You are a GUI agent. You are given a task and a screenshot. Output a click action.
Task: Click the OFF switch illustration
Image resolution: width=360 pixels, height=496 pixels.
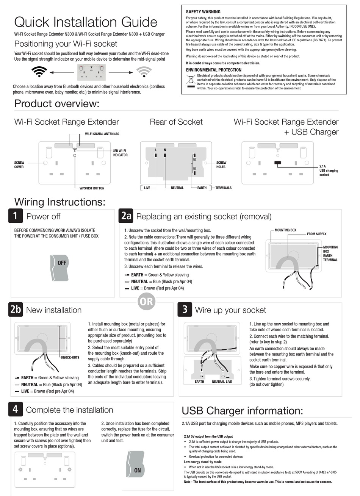pyautogui.click(x=59, y=268)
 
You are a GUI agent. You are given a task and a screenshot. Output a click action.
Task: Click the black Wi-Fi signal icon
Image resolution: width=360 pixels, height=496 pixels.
pyautogui.click(x=39, y=72)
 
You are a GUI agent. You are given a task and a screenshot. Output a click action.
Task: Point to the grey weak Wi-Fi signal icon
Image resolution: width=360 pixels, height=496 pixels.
pyautogui.click(x=144, y=72)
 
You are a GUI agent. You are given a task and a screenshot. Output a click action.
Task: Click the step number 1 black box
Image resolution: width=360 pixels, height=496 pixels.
pyautogui.click(x=16, y=216)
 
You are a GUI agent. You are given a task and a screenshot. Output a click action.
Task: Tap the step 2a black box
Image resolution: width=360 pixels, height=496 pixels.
pyautogui.click(x=126, y=216)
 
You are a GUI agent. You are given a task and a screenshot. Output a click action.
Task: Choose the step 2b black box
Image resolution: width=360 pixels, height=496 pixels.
pyautogui.click(x=16, y=310)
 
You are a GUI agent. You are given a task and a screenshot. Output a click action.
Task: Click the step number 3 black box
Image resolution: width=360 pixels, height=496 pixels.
pyautogui.click(x=185, y=310)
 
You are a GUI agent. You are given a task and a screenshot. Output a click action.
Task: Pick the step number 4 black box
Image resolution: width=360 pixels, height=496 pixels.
pyautogui.click(x=16, y=409)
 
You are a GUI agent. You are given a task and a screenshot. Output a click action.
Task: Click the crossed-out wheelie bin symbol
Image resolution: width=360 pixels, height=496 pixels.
pyautogui.click(x=191, y=81)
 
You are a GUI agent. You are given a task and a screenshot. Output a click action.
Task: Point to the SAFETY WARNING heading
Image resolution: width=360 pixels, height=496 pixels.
pyautogui.click(x=203, y=12)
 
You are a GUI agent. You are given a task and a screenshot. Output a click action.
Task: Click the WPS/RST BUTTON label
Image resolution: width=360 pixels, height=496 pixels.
pyautogui.click(x=91, y=188)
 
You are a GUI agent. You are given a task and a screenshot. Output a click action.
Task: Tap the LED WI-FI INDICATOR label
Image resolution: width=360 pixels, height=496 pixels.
pyautogui.click(x=120, y=153)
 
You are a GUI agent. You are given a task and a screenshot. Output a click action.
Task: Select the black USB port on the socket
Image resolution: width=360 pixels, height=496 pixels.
pyautogui.click(x=277, y=164)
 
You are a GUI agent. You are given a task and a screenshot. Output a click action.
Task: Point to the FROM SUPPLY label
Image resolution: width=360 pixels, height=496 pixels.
pyautogui.click(x=316, y=234)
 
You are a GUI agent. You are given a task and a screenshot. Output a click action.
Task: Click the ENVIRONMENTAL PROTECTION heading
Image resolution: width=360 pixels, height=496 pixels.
pyautogui.click(x=213, y=70)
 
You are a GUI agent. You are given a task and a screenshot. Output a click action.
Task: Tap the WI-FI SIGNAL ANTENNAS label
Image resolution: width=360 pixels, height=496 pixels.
pyautogui.click(x=102, y=134)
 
